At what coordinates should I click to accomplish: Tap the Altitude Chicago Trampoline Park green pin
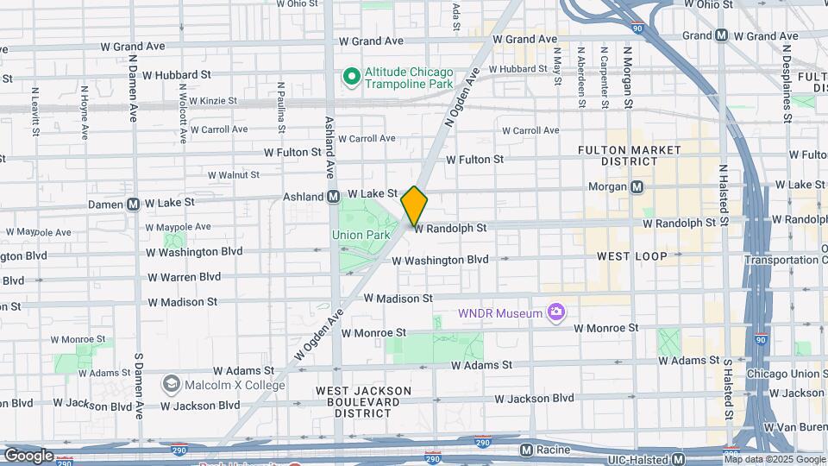351,78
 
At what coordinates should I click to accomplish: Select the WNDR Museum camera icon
556,312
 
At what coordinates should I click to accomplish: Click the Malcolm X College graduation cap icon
171,384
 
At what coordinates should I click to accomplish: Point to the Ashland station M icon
333,197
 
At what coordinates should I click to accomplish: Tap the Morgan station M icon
637,186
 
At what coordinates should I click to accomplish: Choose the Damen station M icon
134,205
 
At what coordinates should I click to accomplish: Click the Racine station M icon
526,450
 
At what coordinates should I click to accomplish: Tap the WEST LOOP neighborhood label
631,256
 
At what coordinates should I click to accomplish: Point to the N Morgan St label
630,79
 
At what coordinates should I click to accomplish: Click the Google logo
28,455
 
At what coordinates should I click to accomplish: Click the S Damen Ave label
138,379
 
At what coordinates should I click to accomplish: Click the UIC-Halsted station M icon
679,458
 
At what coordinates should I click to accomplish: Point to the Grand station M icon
722,35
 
